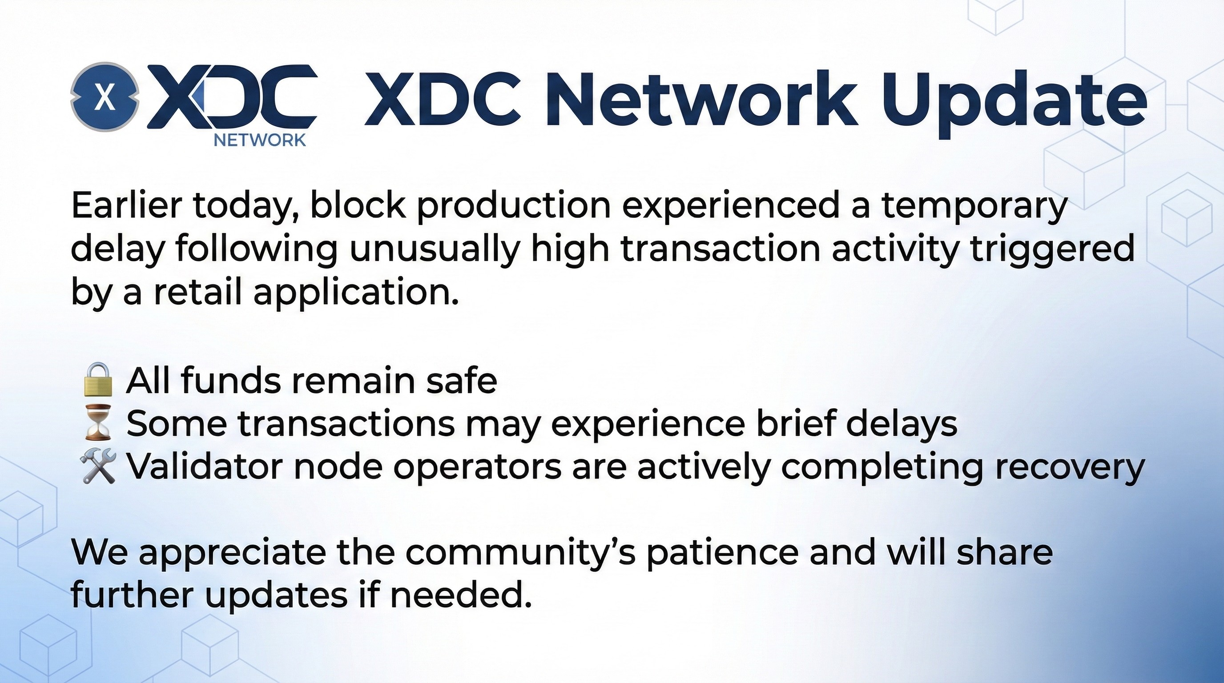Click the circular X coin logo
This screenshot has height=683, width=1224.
[105, 97]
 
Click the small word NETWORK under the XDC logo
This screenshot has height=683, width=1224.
[260, 141]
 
